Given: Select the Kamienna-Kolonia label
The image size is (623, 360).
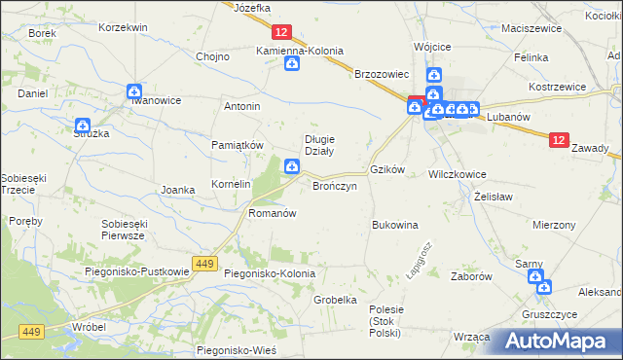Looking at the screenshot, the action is (x=301, y=50).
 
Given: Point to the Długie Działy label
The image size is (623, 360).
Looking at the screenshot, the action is (x=320, y=144).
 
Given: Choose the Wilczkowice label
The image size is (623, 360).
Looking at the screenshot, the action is (x=457, y=174).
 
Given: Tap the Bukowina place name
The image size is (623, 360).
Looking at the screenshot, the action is (x=394, y=225).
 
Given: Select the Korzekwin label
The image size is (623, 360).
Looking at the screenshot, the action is (x=123, y=27).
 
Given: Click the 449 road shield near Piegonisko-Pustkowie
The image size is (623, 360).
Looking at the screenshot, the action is (x=203, y=263).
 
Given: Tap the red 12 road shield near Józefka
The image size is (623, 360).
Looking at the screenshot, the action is (x=280, y=32).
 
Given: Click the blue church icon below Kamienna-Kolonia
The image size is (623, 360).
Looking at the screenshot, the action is (x=291, y=64).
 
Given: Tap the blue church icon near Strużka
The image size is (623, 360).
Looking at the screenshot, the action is (x=82, y=126).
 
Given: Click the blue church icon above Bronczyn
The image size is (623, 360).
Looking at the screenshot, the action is (x=290, y=168).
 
